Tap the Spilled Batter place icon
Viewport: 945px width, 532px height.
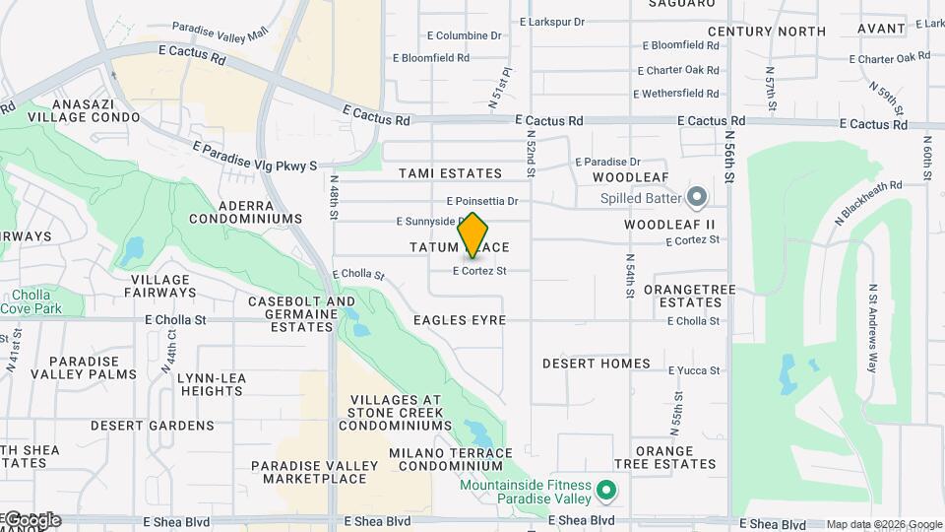697,197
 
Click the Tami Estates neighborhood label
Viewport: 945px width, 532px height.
450,173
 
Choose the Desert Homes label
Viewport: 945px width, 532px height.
597,364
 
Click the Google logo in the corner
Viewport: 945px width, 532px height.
31,520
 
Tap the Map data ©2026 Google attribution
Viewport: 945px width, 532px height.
884,524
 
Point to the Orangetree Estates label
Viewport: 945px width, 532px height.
677,296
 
